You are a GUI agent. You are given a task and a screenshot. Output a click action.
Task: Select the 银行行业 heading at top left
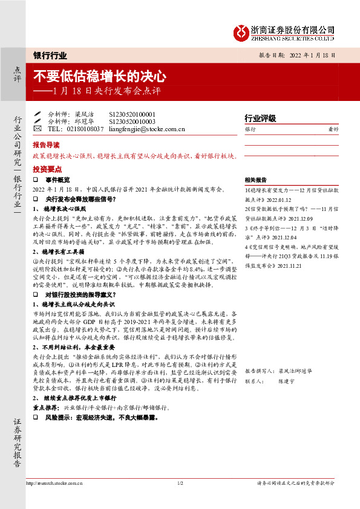tap(50, 55)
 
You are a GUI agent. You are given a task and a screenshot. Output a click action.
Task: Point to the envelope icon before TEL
tap(38, 129)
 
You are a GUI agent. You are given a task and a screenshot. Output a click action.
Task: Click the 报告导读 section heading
tap(46, 145)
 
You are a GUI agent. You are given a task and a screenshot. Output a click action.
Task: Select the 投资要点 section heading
tap(46, 169)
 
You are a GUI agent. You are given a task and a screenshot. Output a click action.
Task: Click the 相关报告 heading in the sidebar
tap(257, 180)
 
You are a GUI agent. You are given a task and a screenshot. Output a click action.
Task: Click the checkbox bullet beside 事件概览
tap(36, 180)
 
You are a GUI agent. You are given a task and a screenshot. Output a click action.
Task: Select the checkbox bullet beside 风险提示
tap(36, 417)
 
